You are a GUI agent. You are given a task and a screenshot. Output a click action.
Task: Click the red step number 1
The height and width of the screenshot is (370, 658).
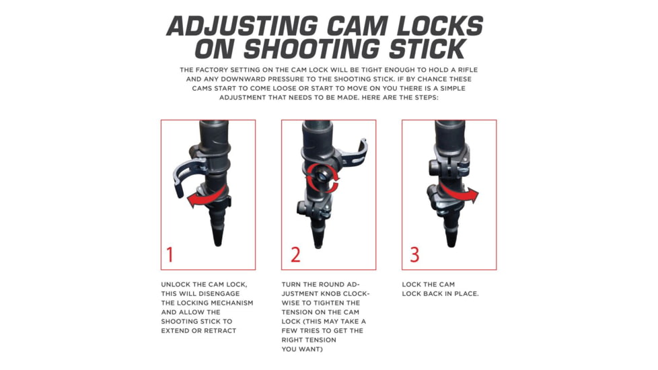[170, 255]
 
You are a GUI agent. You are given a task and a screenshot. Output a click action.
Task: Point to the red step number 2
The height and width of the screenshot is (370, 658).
[295, 255]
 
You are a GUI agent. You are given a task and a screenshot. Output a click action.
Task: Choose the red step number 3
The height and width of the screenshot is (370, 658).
[414, 255]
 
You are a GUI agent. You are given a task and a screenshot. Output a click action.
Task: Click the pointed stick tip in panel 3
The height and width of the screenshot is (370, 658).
[449, 235]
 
